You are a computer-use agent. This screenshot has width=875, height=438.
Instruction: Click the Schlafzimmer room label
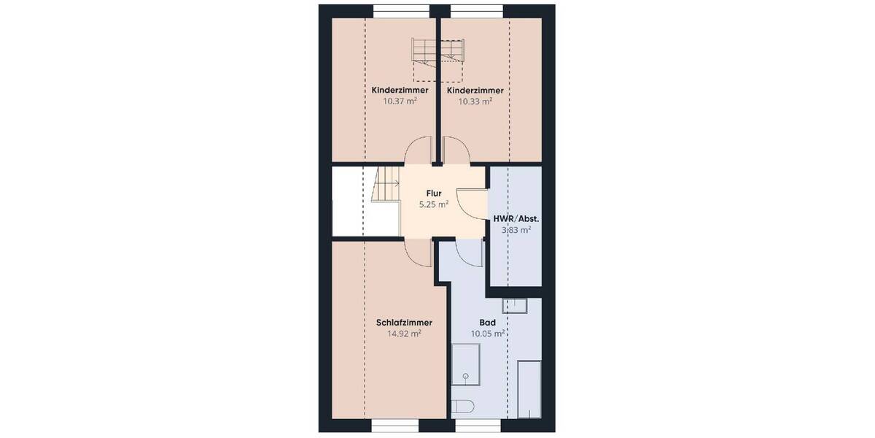pyautogui.click(x=405, y=322)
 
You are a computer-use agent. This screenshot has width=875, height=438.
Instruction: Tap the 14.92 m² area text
pyautogui.click(x=405, y=334)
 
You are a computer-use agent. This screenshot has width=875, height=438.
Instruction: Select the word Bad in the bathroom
pyautogui.click(x=488, y=322)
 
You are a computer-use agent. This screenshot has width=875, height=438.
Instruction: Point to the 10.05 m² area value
pyautogui.click(x=488, y=334)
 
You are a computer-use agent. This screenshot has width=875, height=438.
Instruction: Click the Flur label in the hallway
pyautogui.click(x=435, y=193)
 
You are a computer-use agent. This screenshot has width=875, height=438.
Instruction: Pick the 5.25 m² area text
pyautogui.click(x=433, y=205)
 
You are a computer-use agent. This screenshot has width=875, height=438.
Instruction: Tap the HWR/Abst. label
pyautogui.click(x=516, y=218)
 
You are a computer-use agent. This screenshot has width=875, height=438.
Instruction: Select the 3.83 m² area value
pyautogui.click(x=516, y=229)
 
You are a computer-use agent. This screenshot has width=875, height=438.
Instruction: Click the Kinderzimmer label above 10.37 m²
pyautogui.click(x=400, y=90)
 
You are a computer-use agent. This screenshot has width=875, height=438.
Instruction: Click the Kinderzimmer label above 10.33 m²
pyautogui.click(x=475, y=90)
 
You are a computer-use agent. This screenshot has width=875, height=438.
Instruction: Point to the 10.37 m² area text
pyautogui.click(x=400, y=101)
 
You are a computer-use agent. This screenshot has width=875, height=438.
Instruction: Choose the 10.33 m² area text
pyautogui.click(x=475, y=101)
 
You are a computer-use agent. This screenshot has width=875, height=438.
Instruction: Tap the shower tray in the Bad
pyautogui.click(x=464, y=365)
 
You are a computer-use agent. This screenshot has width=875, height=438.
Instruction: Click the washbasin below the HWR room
pyautogui.click(x=515, y=305)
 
